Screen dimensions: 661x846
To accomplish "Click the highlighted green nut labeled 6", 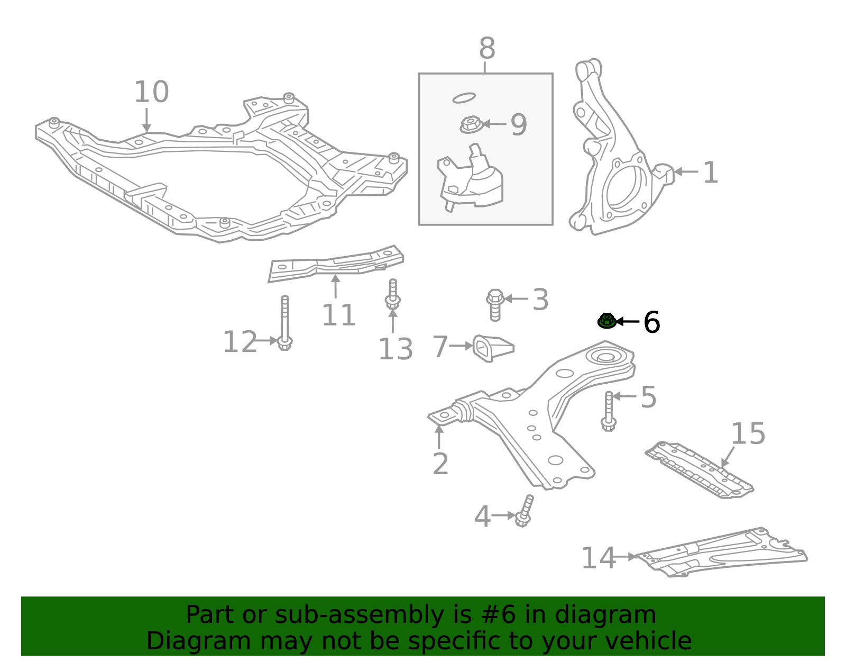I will [606, 320].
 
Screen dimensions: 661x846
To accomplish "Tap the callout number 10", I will [151, 92].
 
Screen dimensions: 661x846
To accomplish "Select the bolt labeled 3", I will [495, 304].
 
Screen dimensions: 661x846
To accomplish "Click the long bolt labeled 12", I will [284, 322].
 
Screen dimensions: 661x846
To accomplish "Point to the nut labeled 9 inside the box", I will [470, 125].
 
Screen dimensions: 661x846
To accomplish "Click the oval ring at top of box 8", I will [464, 98].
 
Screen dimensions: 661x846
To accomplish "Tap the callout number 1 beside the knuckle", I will [710, 173].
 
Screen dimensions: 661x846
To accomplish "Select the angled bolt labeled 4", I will [525, 511].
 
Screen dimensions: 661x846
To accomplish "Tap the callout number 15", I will [748, 434].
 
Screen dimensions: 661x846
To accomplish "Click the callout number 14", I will [598, 558].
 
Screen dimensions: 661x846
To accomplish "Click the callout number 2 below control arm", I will [440, 464].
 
